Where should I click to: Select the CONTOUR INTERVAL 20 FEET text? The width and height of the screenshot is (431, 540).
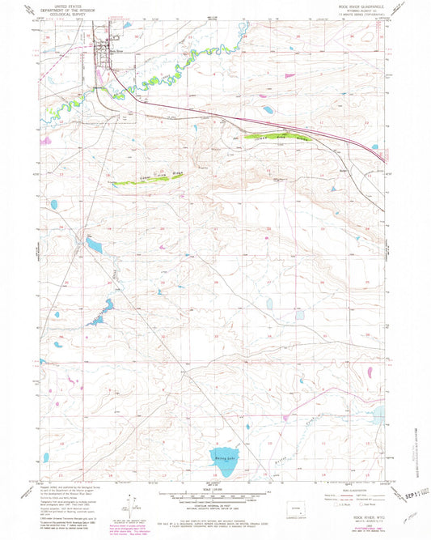[x=215, y=504]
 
